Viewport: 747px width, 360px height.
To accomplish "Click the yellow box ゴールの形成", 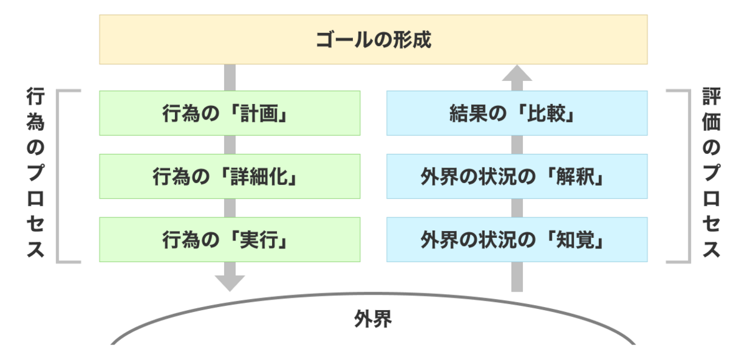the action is click(373, 39).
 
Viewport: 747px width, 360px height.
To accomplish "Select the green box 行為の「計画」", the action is click(230, 113).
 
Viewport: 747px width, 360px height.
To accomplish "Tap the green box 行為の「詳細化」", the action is click(230, 176).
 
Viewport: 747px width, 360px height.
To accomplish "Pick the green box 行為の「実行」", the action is click(230, 240).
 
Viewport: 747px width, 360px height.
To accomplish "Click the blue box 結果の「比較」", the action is click(517, 113).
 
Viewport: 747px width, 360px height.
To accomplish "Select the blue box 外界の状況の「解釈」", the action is click(517, 176).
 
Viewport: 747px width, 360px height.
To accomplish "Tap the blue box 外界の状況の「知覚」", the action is click(517, 240).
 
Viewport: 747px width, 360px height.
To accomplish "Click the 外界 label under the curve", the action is click(373, 319).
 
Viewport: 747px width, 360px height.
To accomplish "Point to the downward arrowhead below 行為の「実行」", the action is click(230, 283).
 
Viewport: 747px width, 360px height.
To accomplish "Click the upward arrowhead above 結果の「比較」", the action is click(517, 73).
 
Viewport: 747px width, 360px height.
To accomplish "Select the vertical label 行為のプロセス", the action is click(35, 173).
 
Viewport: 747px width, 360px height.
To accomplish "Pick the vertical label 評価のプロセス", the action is click(712, 173).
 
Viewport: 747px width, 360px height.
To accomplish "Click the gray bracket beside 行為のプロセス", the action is click(57, 176).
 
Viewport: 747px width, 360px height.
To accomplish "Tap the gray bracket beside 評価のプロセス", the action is click(689, 176).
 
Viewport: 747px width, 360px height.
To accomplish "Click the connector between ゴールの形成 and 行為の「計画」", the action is click(230, 77).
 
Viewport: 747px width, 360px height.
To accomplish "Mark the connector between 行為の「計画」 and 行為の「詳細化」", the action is click(230, 144).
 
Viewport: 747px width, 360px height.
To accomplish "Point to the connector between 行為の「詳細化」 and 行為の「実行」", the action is click(230, 208).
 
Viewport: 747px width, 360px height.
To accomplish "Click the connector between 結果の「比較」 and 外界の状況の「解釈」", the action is click(517, 144).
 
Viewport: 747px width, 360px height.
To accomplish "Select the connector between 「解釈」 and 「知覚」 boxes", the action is click(517, 208).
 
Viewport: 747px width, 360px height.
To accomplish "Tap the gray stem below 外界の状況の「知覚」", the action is click(517, 277).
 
